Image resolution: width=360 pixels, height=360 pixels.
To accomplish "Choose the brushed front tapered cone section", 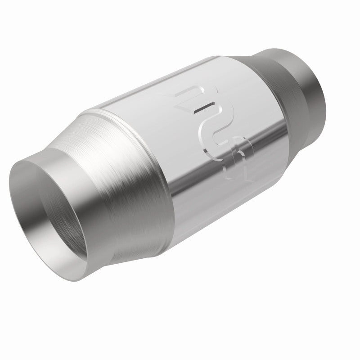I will (x=130, y=180).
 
